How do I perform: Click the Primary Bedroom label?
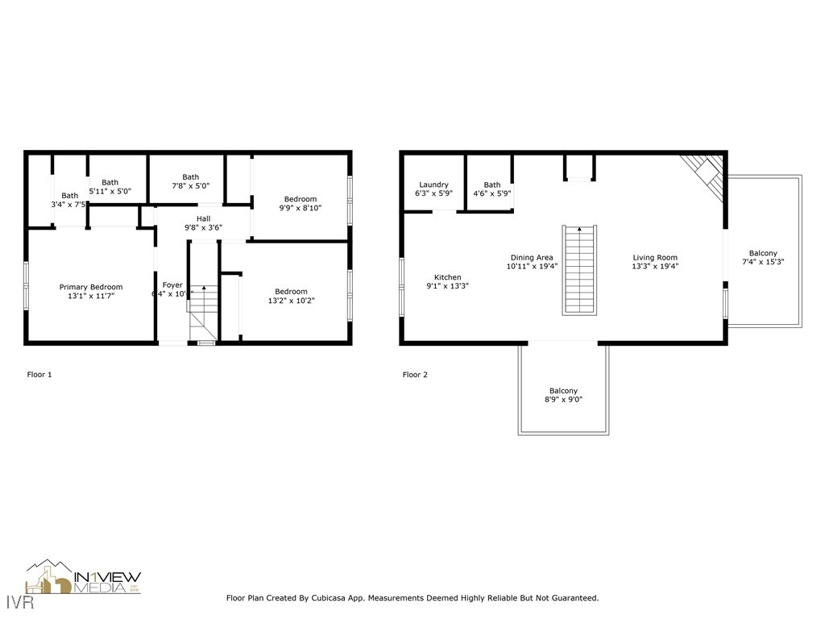pyautogui.click(x=91, y=287)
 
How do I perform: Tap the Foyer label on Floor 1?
pyautogui.click(x=172, y=285)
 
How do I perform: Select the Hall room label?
pyautogui.click(x=204, y=218)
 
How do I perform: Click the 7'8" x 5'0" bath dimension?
pyautogui.click(x=190, y=191)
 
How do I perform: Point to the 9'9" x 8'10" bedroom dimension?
pyautogui.click(x=301, y=207)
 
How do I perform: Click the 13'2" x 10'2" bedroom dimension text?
pyautogui.click(x=291, y=301)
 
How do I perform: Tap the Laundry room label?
pyautogui.click(x=433, y=185)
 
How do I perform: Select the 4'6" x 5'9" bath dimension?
pyautogui.click(x=491, y=193)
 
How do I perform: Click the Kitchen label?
pyautogui.click(x=448, y=277)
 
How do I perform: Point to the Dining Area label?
pyautogui.click(x=531, y=258)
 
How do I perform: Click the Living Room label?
pyautogui.click(x=655, y=258)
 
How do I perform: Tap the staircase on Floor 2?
pyautogui.click(x=580, y=270)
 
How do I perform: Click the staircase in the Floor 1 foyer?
pyautogui.click(x=204, y=310)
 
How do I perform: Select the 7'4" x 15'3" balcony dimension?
pyautogui.click(x=763, y=262)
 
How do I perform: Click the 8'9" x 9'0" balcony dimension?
pyautogui.click(x=563, y=399)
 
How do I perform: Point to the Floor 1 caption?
pyautogui.click(x=39, y=375)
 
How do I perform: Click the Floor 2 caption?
pyautogui.click(x=415, y=375)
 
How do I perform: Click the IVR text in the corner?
pyautogui.click(x=13, y=602)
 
